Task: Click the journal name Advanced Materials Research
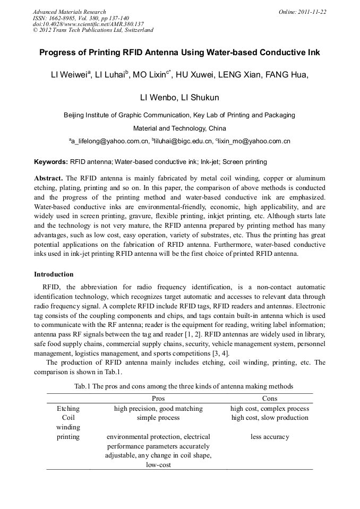click(69, 12)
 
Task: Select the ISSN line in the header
click(81, 18)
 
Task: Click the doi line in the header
click(88, 24)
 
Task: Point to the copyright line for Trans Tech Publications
click(93, 30)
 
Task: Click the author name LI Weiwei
click(70, 75)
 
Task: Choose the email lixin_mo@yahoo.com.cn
click(254, 142)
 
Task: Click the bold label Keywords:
click(51, 162)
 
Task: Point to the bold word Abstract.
click(48, 178)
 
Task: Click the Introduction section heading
click(54, 274)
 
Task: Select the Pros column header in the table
click(158, 398)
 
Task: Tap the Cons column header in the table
click(270, 398)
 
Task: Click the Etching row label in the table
click(68, 409)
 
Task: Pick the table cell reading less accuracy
click(270, 437)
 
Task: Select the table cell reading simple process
click(158, 418)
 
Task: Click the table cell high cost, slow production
click(270, 418)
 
